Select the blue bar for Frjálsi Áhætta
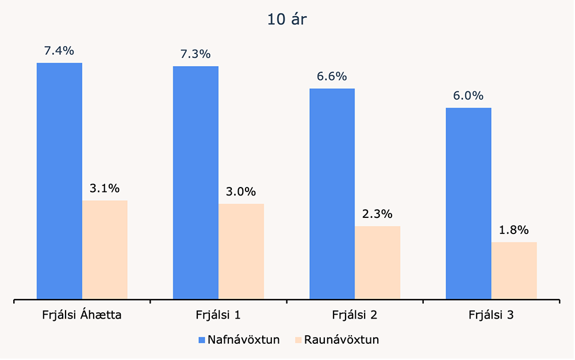point(59,181)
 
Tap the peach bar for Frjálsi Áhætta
point(105,250)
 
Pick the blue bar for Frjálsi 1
point(195,182)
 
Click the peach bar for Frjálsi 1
point(241,251)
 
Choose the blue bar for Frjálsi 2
point(332,194)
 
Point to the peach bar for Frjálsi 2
point(377,262)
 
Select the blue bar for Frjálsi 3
point(469,203)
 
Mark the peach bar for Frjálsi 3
point(514,270)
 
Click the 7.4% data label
point(59,51)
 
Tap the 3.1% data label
point(104,188)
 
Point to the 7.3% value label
point(195,54)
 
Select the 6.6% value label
point(332,76)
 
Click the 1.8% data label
point(513,230)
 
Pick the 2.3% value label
point(377,214)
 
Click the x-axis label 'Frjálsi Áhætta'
point(81,315)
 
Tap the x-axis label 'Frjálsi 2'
point(354,315)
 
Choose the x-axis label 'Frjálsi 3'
point(491,315)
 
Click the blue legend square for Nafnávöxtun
point(201,340)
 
